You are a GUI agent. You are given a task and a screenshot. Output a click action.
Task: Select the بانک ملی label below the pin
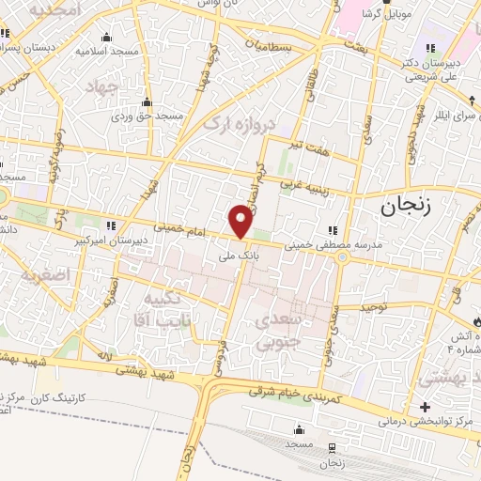(236, 254)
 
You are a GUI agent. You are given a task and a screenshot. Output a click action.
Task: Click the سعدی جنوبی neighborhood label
(278, 331)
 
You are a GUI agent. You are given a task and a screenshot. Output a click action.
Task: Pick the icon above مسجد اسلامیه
(105, 39)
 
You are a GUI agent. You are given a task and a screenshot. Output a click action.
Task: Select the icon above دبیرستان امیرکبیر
(111, 225)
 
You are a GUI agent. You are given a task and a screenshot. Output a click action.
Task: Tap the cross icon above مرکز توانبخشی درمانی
(426, 407)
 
